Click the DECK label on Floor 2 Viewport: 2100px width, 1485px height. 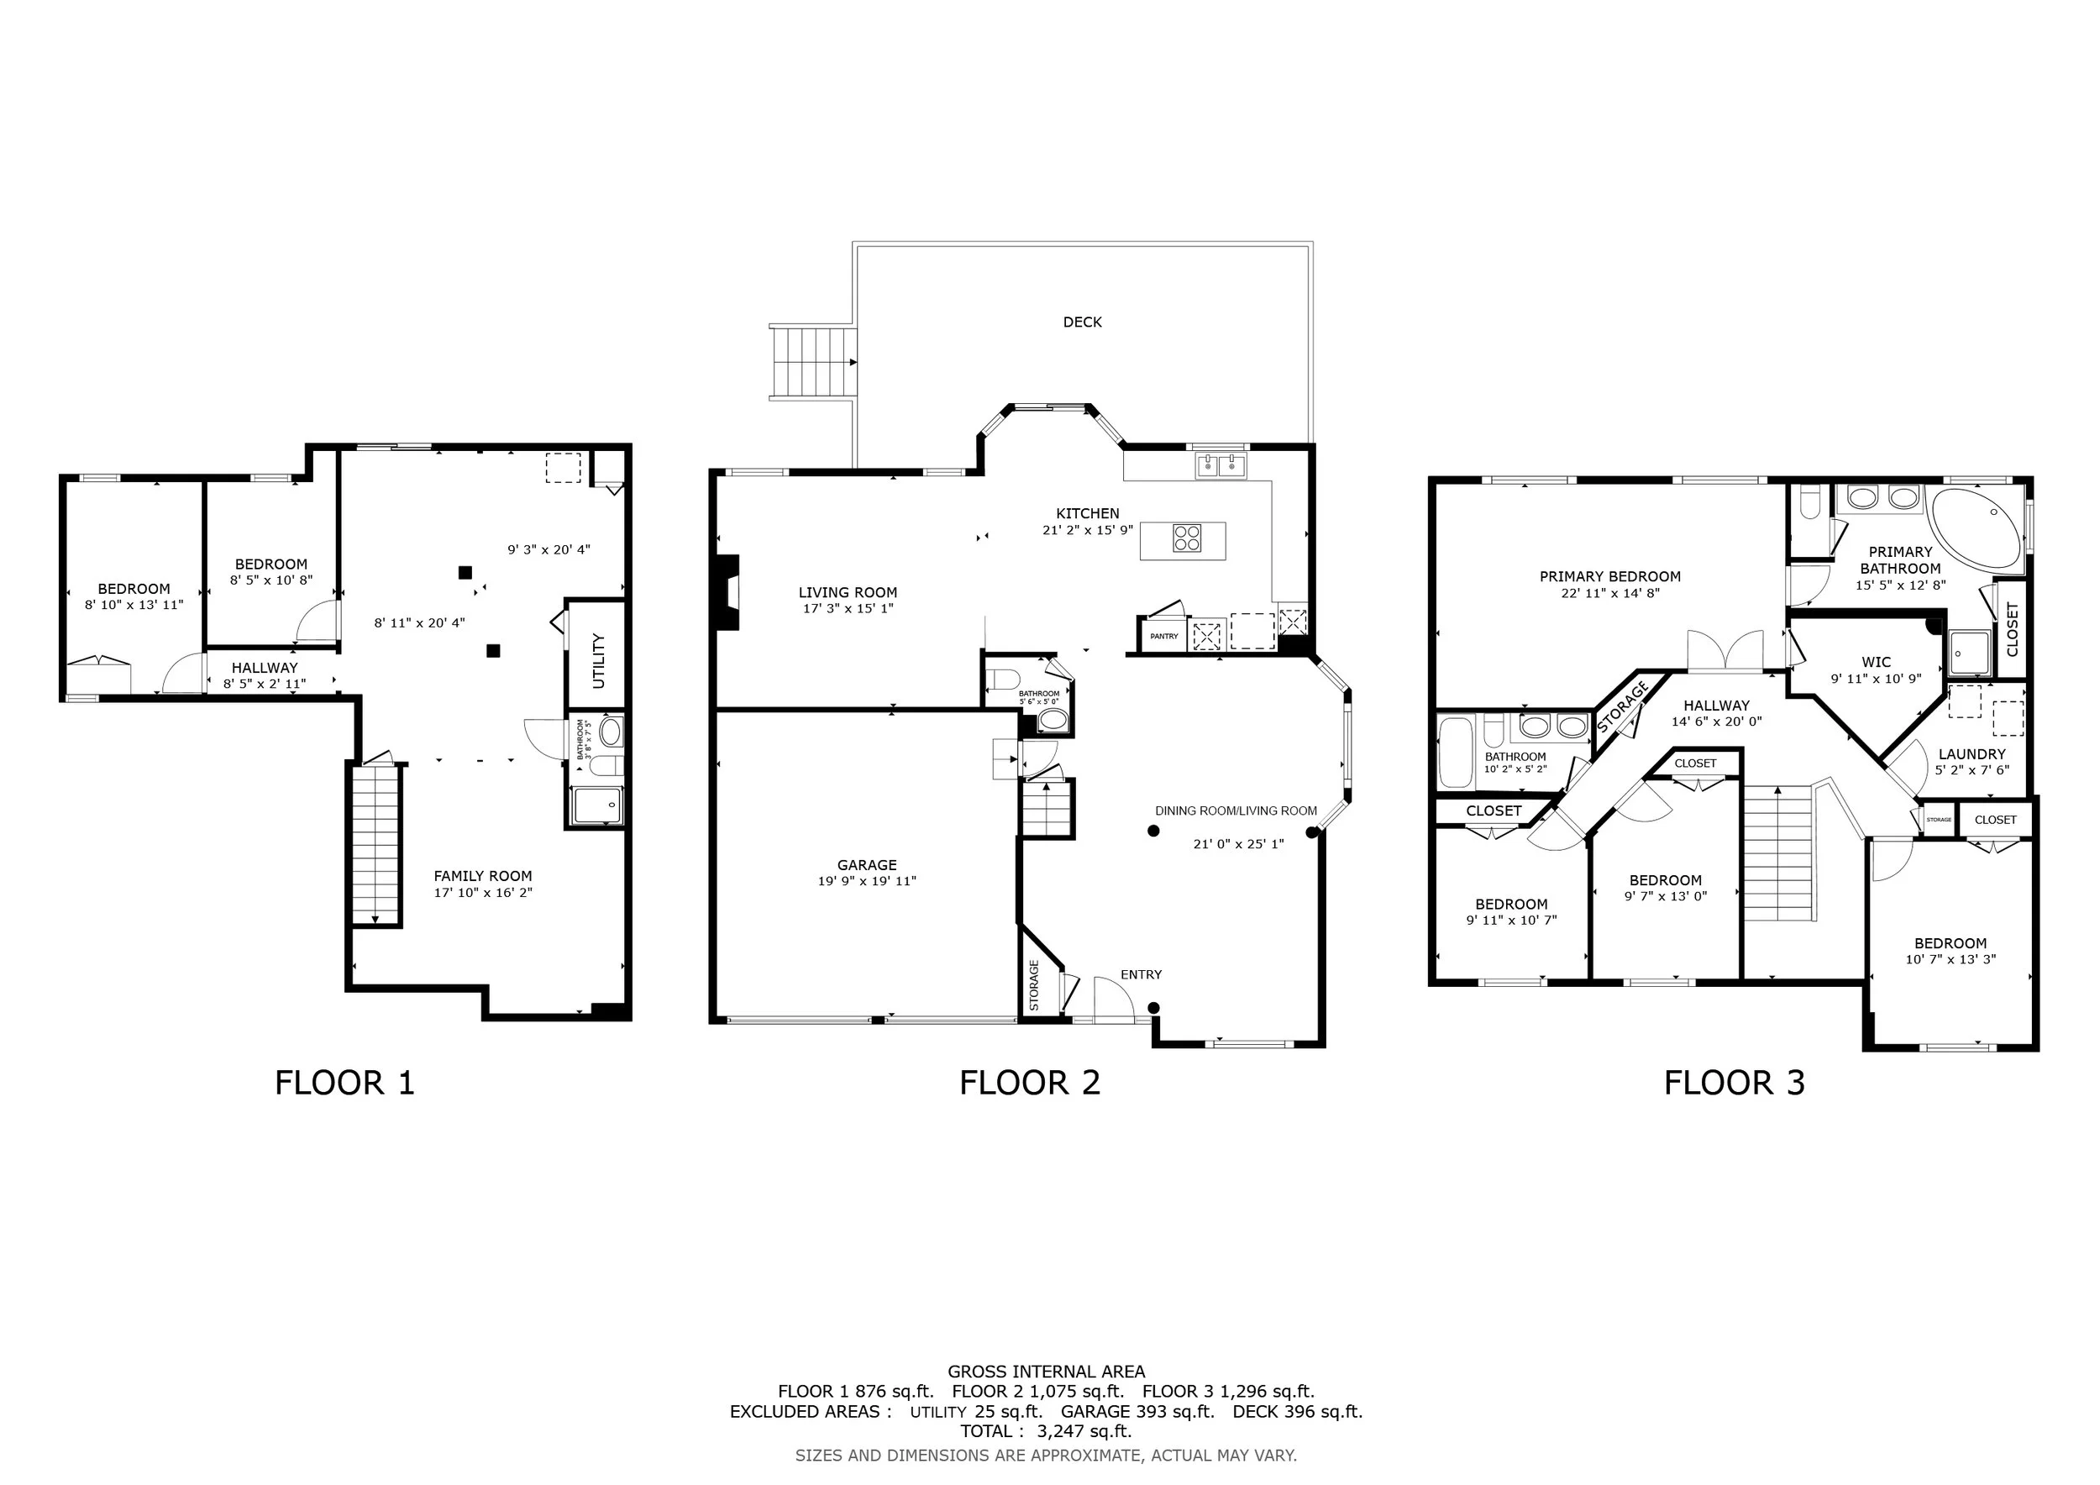coord(1082,322)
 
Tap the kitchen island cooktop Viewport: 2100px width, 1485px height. coord(1186,537)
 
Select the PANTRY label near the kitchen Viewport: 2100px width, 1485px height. coord(1164,636)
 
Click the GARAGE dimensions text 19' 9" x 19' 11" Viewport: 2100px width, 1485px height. coord(867,881)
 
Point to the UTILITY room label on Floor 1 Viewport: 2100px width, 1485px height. coord(599,660)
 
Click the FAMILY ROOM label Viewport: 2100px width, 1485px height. coord(483,876)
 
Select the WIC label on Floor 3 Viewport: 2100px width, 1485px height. coord(1876,662)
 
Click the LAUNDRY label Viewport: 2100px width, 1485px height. coord(1972,754)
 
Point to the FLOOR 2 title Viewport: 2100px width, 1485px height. coord(1030,1083)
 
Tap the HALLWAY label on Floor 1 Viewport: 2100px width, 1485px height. coord(265,669)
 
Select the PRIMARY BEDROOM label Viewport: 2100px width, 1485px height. coord(1609,577)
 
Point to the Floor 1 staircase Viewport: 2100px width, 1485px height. coord(375,845)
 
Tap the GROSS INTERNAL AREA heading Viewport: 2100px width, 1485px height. coord(1047,1372)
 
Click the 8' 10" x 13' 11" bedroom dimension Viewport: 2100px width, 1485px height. coord(134,605)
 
